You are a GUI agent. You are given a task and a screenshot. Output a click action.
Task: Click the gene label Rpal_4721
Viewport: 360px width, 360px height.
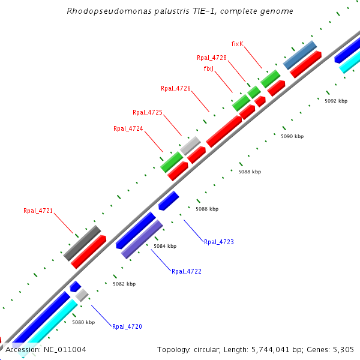38,211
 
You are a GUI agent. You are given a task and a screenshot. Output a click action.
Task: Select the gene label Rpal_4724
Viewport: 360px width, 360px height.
128,128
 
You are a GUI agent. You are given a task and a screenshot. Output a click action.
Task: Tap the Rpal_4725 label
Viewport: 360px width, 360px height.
148,112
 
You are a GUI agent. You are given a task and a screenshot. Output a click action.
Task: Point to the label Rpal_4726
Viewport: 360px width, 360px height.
176,88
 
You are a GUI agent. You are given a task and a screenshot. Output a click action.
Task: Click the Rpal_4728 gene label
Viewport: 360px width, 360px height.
212,58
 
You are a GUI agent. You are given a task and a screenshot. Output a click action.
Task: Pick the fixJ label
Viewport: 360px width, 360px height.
209,68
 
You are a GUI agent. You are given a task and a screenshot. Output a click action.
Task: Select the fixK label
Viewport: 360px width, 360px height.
237,44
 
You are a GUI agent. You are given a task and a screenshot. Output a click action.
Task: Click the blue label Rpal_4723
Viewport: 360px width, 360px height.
219,242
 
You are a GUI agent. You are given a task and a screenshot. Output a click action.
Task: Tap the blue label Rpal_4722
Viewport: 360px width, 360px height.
187,271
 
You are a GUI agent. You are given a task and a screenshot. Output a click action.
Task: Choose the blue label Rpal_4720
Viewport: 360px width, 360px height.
127,327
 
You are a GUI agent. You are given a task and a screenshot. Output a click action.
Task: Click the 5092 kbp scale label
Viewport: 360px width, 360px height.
336,101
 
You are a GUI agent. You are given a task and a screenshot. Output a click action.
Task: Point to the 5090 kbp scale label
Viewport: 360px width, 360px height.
292,137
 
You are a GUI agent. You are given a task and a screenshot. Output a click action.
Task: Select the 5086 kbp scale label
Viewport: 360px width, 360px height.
207,209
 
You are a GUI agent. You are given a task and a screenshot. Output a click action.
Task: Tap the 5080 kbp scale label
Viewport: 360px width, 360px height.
83,322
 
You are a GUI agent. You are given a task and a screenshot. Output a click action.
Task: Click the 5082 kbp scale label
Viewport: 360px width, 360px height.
124,284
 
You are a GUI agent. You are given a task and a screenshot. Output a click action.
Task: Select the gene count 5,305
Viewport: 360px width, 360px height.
343,349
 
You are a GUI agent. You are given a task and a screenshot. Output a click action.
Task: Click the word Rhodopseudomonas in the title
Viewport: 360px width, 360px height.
100,11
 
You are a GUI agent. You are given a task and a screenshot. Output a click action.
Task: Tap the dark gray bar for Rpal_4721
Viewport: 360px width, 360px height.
82,243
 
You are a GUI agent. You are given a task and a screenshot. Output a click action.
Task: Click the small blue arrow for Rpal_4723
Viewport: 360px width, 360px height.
169,200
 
